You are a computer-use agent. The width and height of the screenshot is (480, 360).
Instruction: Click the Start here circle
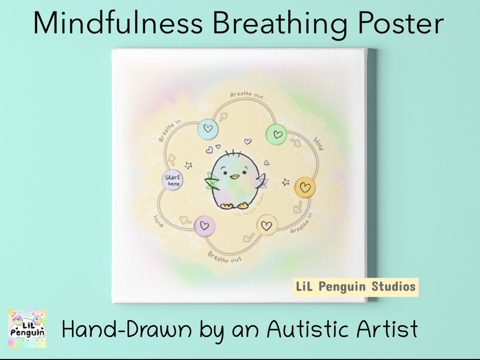(172, 180)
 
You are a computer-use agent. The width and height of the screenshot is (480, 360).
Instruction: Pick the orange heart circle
(305, 187)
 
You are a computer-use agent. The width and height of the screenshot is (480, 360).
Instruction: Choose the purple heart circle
(204, 226)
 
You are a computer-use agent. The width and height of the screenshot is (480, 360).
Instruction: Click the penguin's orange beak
(234, 176)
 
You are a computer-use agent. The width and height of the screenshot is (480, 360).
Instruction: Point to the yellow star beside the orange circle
(286, 182)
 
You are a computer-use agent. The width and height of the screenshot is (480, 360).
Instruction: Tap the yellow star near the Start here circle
(188, 165)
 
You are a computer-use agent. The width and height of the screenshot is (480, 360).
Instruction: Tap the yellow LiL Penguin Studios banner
(356, 287)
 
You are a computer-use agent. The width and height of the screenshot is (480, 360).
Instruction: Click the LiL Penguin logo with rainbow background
(27, 328)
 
